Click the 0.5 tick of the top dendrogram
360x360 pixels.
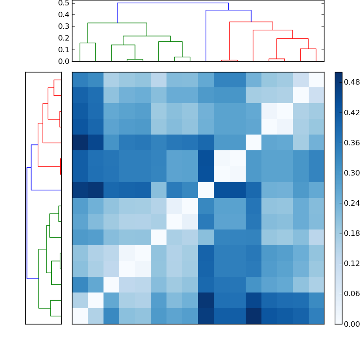coord(63,3)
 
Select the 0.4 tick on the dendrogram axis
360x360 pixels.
coord(63,14)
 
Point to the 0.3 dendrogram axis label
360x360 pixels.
coord(63,26)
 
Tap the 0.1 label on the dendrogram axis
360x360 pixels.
coord(63,49)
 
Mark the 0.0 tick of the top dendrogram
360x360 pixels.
coord(63,61)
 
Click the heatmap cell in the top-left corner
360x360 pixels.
coord(80,80)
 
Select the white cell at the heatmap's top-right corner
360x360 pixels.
coord(316,80)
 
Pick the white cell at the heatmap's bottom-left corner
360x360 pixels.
coord(80,316)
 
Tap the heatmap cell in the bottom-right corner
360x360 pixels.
coord(316,316)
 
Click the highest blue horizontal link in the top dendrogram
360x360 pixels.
coord(173,3)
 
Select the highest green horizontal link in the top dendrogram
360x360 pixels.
coord(117,23)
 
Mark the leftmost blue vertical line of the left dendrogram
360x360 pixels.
coord(27,223)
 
